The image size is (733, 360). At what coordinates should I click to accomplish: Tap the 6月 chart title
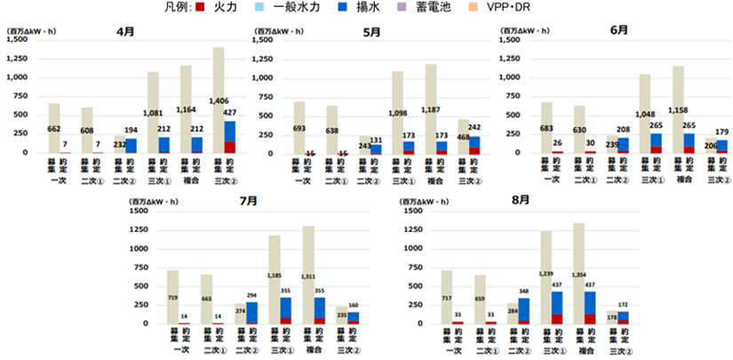tap(619, 29)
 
